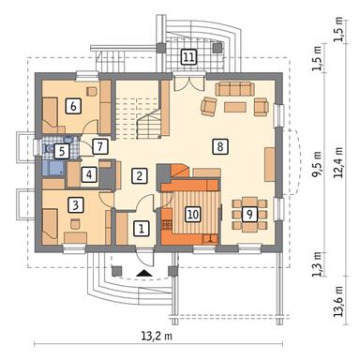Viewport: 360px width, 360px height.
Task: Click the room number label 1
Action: point(141,229)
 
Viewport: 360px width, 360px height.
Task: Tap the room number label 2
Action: point(139,175)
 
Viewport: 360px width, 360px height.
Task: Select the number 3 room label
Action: point(75,205)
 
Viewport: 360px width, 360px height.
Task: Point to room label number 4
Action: point(89,174)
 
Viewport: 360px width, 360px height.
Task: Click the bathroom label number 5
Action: point(62,152)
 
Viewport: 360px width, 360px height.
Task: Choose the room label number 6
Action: point(73,106)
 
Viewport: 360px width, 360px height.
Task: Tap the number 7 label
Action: point(100,146)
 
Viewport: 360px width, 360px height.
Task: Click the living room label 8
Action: point(220,146)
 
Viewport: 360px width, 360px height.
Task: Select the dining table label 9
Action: point(249,214)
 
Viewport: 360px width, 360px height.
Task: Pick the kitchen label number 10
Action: point(193,215)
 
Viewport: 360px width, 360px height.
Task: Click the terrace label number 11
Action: point(188,57)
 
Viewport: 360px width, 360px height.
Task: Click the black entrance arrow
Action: point(144,273)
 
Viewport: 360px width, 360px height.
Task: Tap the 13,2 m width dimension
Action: point(157,337)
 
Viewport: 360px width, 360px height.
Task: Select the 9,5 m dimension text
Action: point(318,165)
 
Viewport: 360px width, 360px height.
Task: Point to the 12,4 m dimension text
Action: point(338,162)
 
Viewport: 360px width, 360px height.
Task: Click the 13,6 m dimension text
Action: point(338,302)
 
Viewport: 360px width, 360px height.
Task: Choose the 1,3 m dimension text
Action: point(318,264)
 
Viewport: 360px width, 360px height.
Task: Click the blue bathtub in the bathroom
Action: point(53,168)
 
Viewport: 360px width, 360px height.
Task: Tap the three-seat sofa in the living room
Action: point(234,89)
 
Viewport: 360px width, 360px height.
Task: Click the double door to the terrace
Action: point(189,82)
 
